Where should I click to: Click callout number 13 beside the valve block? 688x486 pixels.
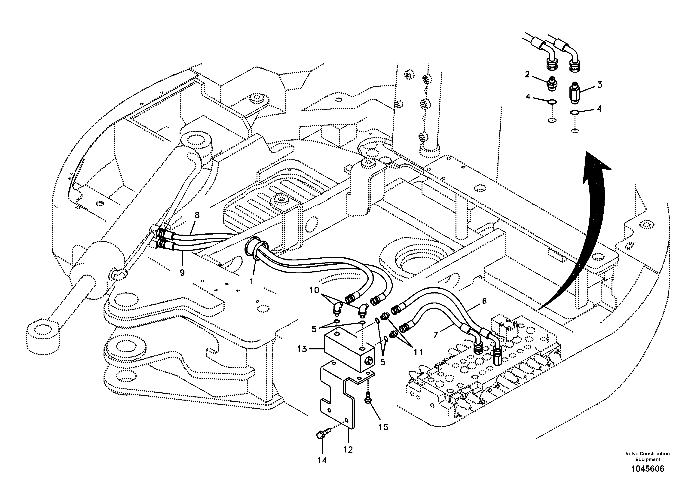coord(302,349)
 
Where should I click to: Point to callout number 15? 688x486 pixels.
coord(383,427)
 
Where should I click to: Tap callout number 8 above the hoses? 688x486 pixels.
coord(197,215)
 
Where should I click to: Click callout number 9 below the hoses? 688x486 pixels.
coord(182,272)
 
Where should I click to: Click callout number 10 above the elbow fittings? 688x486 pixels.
coord(314,290)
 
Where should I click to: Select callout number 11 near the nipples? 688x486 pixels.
coord(418,352)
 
